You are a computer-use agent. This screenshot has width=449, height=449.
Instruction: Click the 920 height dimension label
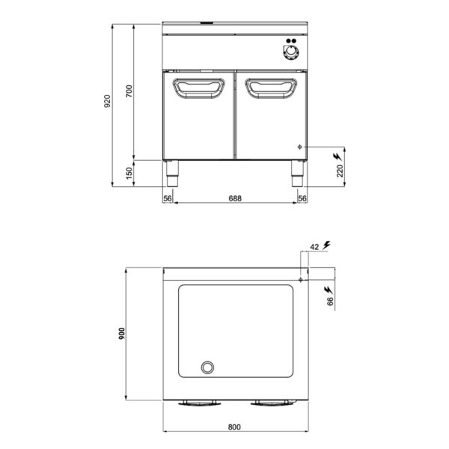(x=106, y=101)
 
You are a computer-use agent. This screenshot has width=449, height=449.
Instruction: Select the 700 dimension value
(x=129, y=91)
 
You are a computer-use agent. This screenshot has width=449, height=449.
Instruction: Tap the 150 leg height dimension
(x=129, y=174)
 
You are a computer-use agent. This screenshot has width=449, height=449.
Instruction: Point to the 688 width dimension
(x=235, y=198)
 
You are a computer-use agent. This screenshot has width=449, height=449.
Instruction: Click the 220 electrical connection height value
(x=340, y=171)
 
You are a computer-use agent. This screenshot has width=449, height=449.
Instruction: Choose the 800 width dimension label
(x=234, y=427)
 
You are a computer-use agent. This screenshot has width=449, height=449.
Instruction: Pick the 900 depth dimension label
(x=122, y=334)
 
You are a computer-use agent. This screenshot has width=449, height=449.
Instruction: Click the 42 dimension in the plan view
(x=314, y=246)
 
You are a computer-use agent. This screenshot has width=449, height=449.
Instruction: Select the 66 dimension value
(x=330, y=302)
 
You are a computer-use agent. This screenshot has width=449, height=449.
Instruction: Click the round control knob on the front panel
(x=291, y=52)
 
